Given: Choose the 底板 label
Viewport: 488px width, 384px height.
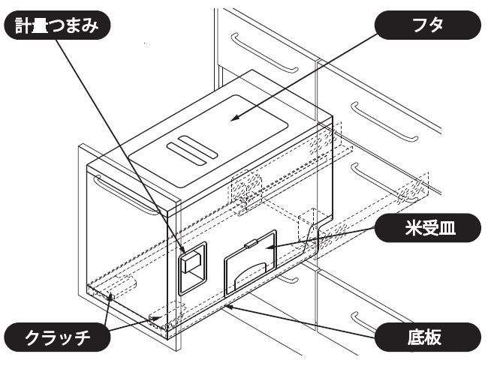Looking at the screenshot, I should (427, 337).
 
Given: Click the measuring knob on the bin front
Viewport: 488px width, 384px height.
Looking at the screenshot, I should (191, 268).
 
